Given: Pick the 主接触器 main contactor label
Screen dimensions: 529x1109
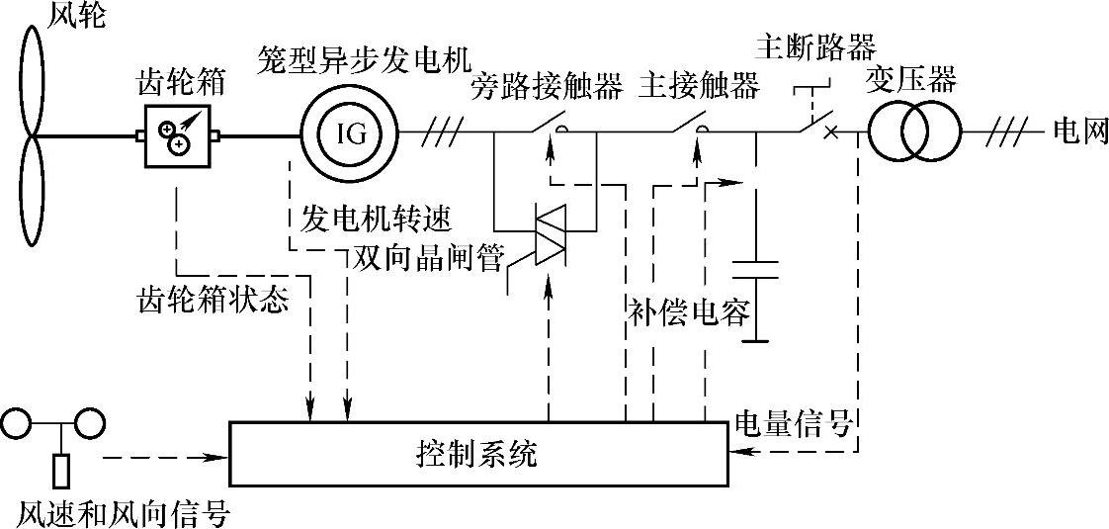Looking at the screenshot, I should pos(699,86).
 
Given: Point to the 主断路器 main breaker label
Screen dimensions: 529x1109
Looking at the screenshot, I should pos(815,45).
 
